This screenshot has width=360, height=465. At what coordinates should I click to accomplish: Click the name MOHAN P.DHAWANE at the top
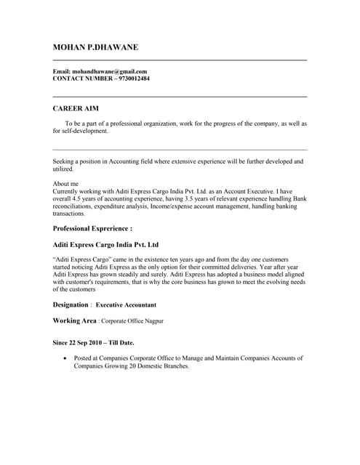[95, 48]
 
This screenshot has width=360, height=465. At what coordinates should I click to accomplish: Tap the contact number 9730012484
[132, 78]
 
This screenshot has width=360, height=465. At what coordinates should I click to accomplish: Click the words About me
[66, 185]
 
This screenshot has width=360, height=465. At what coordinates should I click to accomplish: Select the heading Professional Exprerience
[92, 228]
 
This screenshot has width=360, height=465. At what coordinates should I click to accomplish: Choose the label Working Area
[74, 320]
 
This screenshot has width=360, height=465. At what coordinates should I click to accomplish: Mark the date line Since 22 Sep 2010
[80, 342]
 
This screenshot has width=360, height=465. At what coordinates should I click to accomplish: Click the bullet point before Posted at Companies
[67, 358]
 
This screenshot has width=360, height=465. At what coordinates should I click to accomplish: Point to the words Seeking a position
[79, 161]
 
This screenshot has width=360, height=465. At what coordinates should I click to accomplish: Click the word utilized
[63, 169]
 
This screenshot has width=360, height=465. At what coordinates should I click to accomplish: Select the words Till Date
[120, 342]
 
